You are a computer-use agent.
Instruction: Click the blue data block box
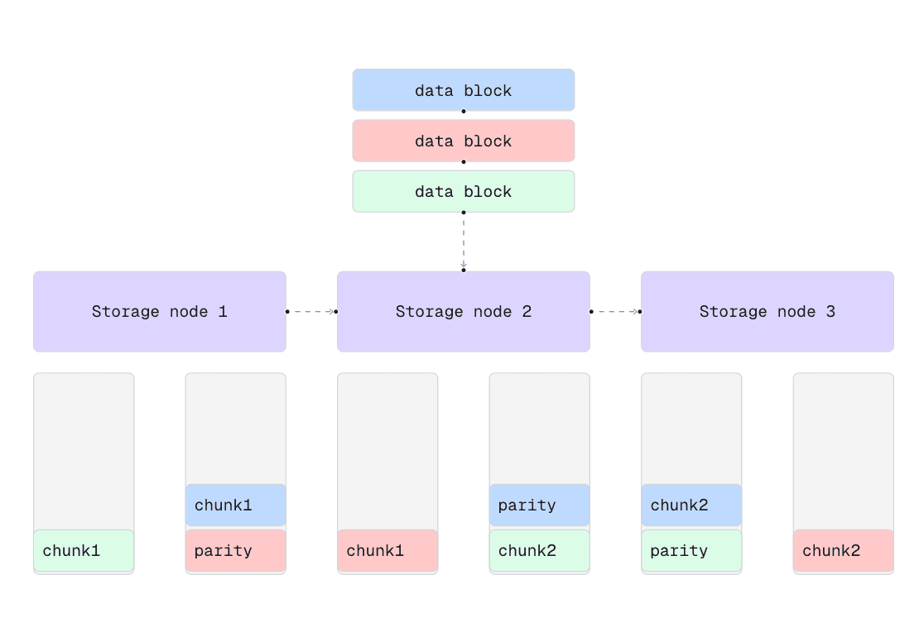coord(463,89)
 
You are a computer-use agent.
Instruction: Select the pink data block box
coord(463,141)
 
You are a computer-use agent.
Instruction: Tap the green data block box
coord(463,191)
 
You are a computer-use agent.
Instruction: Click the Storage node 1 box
coord(159,312)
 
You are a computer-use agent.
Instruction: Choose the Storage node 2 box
coord(463,312)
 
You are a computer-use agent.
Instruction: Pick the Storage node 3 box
coord(767,312)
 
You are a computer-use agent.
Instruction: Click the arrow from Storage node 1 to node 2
coord(311,312)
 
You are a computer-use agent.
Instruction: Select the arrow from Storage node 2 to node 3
coord(615,312)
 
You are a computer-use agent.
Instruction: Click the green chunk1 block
coord(83,550)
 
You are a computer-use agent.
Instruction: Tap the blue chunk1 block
coord(235,505)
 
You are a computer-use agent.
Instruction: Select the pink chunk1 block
coord(387,550)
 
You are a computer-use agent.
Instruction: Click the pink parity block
coord(235,550)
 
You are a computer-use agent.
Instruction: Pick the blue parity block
coord(539,505)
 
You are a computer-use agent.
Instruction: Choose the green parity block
coord(691,550)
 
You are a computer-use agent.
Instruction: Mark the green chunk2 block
coord(539,550)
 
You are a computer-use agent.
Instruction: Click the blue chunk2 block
coord(691,505)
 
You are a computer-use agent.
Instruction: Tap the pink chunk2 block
coord(843,550)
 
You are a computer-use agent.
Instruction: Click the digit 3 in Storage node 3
coord(830,312)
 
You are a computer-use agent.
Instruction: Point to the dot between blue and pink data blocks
coord(464,111)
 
